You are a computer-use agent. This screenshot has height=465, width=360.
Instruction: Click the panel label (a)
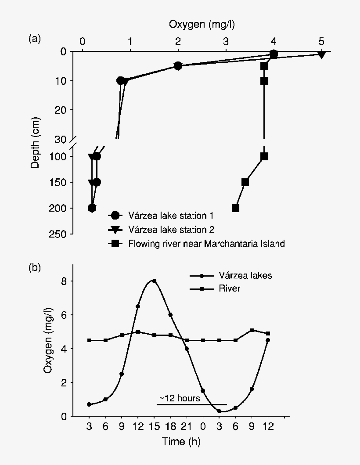(35, 39)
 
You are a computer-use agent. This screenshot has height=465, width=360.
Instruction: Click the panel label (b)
(35, 267)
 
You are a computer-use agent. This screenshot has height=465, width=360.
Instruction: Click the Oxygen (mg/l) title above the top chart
(202, 25)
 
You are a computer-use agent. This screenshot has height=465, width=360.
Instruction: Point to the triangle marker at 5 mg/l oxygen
(321, 54)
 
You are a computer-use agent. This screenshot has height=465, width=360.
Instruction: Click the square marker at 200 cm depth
(235, 208)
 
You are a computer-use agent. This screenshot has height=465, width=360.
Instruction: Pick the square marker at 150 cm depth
(245, 182)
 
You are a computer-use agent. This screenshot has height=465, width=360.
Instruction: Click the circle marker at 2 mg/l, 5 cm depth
(178, 66)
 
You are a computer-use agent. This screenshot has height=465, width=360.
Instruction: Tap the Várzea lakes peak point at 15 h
(154, 281)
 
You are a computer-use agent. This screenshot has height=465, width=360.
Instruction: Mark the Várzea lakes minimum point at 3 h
(219, 411)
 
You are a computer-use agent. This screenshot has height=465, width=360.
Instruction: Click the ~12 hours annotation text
(180, 399)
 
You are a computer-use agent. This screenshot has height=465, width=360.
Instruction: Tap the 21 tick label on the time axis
(187, 427)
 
